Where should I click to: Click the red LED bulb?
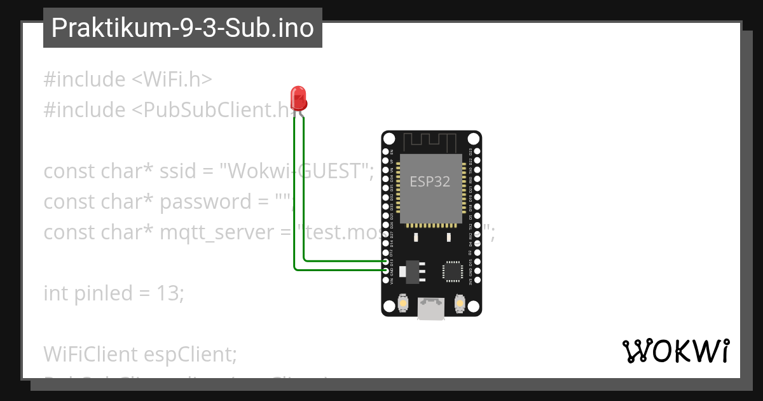pyautogui.click(x=298, y=97)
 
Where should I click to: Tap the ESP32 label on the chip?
pyautogui.click(x=430, y=181)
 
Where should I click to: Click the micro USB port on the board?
pyautogui.click(x=431, y=310)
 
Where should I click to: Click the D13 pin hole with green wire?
pyautogui.click(x=386, y=261)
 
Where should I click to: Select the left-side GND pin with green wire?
pyautogui.click(x=386, y=271)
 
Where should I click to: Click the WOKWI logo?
pyautogui.click(x=675, y=351)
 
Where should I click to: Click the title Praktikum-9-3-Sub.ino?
pyautogui.click(x=182, y=28)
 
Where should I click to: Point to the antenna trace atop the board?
pyautogui.click(x=431, y=141)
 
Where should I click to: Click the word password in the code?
pyautogui.click(x=202, y=202)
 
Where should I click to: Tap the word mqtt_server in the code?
pyautogui.click(x=217, y=232)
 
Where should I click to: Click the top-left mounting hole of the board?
pyautogui.click(x=390, y=139)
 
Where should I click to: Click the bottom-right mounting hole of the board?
pyautogui.click(x=473, y=306)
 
